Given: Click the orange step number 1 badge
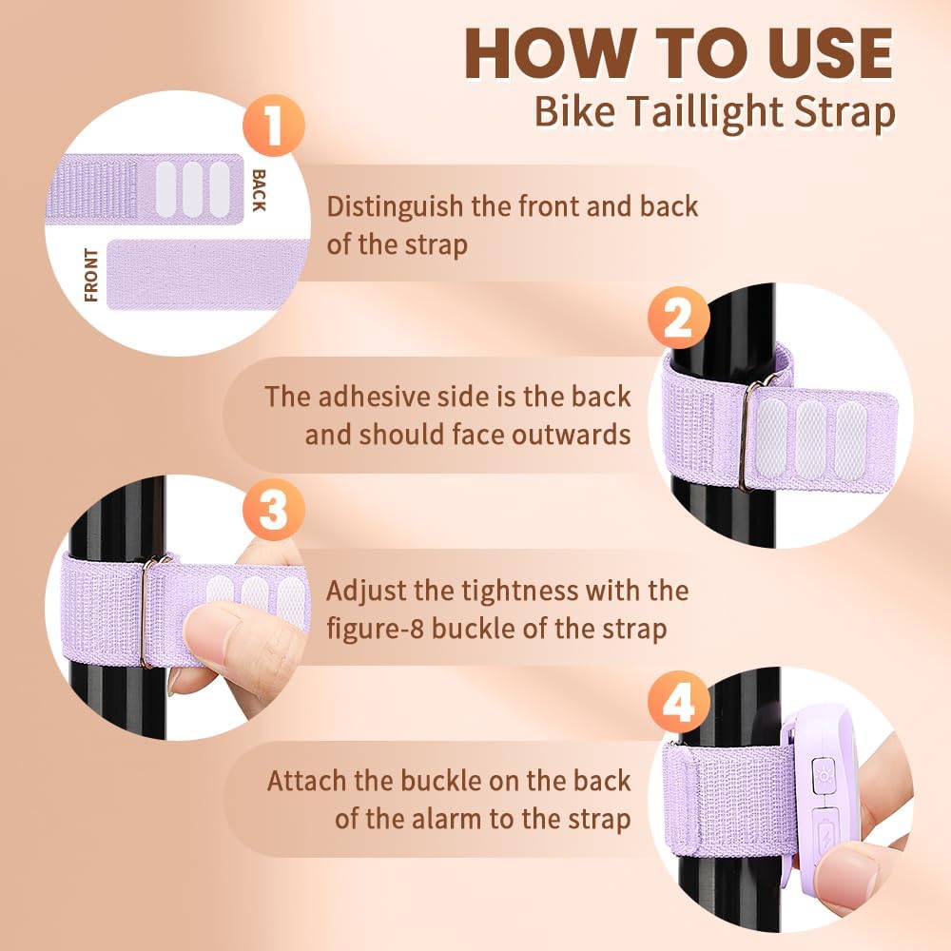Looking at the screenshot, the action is tap(274, 126).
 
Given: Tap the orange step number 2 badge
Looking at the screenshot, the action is tap(678, 318).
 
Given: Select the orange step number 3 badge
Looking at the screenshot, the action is tap(274, 510).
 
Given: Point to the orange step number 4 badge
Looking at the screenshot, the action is tap(678, 702).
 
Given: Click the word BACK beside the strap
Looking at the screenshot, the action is tap(259, 190).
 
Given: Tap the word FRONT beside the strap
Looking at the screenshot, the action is tap(91, 275).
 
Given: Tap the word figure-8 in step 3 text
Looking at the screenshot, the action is tap(375, 629).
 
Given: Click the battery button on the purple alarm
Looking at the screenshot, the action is tap(825, 832).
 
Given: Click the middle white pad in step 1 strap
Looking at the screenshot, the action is tap(193, 189).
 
